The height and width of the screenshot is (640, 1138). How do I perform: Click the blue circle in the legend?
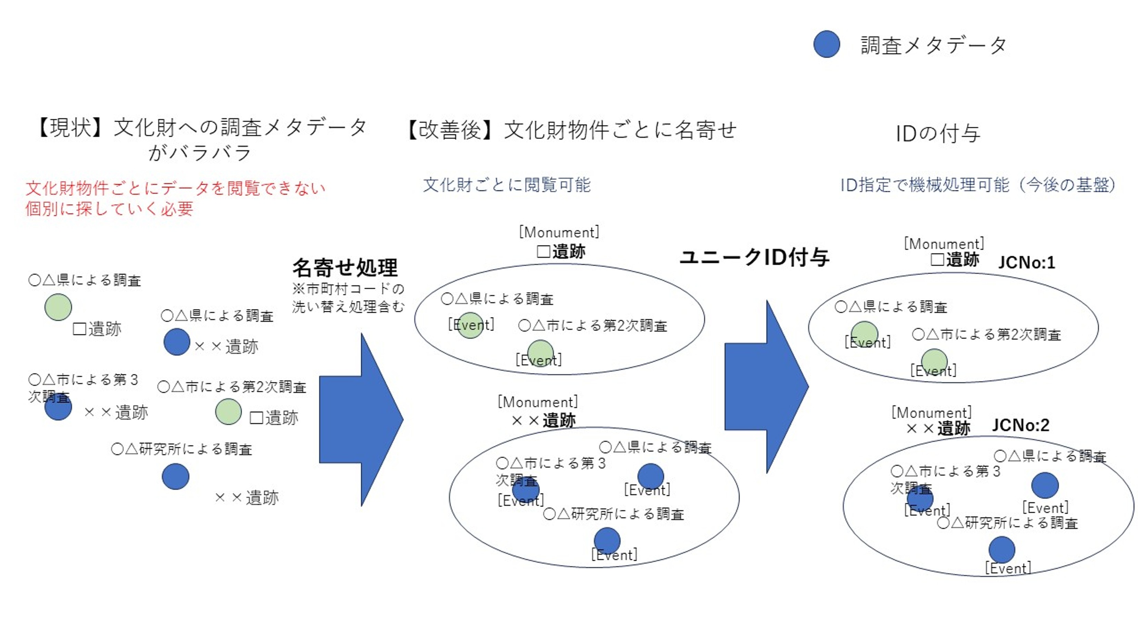827,44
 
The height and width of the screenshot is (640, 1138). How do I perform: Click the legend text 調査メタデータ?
933,45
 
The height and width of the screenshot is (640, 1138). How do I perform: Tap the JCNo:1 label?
1027,263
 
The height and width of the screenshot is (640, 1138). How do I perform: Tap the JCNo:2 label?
1020,425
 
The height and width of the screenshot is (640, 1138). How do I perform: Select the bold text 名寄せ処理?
345,267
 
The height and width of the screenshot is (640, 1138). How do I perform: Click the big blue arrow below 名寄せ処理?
360,419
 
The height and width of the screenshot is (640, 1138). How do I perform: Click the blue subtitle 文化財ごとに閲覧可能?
507,184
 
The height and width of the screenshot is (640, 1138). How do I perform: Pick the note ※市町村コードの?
348,289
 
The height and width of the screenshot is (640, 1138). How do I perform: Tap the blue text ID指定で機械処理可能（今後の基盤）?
978,184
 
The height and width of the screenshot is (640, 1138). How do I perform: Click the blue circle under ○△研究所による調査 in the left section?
176,476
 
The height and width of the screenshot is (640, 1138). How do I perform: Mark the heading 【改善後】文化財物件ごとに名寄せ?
570,130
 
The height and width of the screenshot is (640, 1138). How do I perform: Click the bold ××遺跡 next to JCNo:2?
938,428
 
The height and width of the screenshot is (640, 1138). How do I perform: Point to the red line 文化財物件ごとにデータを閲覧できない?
176,188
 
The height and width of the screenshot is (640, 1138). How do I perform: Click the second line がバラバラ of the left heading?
200,153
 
